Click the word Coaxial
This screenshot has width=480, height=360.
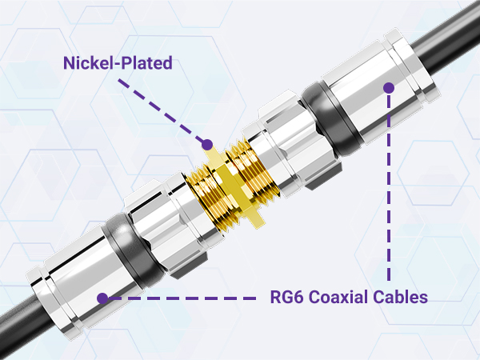[x=345, y=298]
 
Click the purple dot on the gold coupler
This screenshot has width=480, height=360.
[x=207, y=145]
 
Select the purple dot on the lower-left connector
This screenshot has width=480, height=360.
[x=102, y=298]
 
